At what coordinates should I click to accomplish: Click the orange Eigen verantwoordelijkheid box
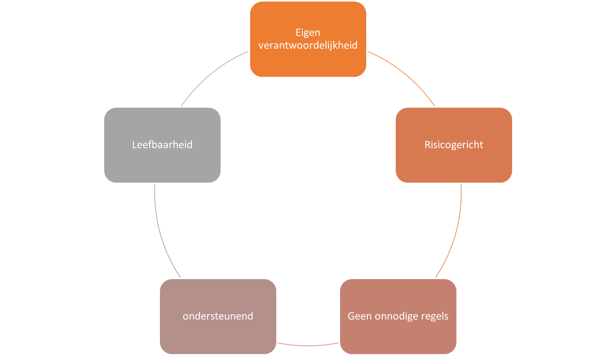click(x=308, y=62)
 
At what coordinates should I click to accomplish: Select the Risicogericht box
click(x=454, y=165)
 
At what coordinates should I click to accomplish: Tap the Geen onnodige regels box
click(x=398, y=336)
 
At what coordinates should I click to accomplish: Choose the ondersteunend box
click(x=218, y=336)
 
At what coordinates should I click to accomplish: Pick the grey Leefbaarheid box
click(x=162, y=165)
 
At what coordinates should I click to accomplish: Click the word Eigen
click(x=308, y=33)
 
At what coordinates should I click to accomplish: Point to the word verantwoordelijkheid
click(x=308, y=45)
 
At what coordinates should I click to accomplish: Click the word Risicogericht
click(x=454, y=145)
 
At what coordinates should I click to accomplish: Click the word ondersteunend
click(x=218, y=316)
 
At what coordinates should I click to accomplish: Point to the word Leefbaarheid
click(x=162, y=145)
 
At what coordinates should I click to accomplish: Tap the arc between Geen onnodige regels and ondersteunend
click(x=308, y=346)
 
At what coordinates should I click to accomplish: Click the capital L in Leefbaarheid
click(x=134, y=145)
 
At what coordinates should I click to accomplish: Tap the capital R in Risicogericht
click(x=427, y=145)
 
